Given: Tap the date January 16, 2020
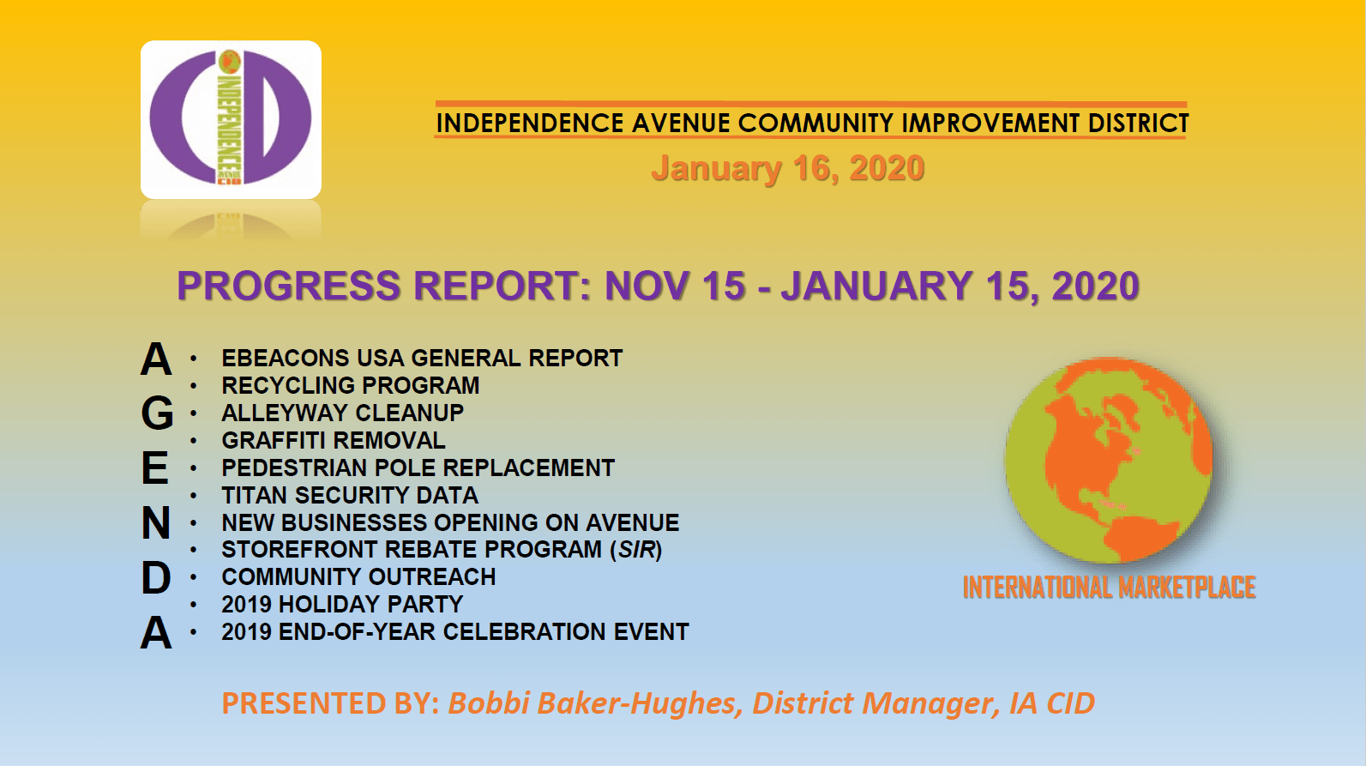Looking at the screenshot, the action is [788, 168].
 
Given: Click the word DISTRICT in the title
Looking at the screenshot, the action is [1139, 124].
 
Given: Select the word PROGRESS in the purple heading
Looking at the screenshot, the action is [288, 286].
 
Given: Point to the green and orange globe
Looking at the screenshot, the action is [1109, 460].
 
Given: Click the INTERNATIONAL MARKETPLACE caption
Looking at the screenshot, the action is [1110, 588].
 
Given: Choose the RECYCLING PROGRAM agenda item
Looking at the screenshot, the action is [351, 385].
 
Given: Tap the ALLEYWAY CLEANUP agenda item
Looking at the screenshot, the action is [343, 413].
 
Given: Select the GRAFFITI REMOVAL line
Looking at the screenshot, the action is [334, 440].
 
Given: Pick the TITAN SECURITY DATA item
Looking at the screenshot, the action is [350, 495].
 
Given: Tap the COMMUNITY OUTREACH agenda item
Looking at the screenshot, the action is [358, 577].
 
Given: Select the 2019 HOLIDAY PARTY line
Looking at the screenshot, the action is [342, 605].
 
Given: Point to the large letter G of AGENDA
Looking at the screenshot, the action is [157, 413].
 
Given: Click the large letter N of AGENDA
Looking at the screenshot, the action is [155, 523].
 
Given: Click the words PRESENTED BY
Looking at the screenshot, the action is [331, 703].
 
